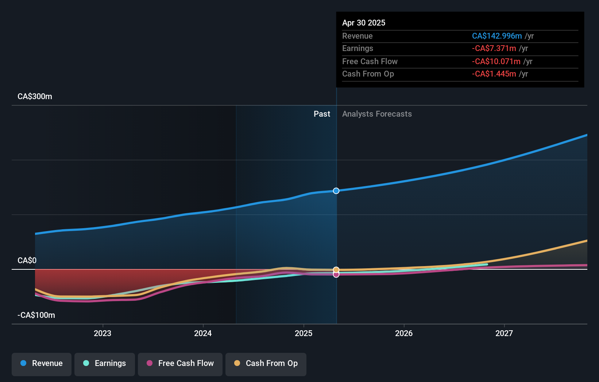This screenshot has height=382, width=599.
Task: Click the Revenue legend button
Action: click(42, 364)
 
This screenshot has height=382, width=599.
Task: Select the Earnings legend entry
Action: click(105, 364)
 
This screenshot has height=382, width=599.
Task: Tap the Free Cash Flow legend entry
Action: click(180, 364)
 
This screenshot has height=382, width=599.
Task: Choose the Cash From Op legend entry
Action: click(266, 364)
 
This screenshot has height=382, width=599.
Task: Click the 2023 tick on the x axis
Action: click(103, 333)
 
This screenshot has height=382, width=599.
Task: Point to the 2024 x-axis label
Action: click(203, 333)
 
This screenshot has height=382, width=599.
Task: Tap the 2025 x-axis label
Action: click(304, 333)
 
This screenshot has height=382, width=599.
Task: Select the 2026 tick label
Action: click(404, 333)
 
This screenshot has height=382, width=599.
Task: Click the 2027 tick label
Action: click(504, 333)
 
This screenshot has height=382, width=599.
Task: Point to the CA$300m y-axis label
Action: click(35, 97)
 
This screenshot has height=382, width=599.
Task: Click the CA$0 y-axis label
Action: click(27, 260)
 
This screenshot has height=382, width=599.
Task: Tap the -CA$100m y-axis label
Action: click(36, 315)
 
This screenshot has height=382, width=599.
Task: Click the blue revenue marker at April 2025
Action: click(336, 191)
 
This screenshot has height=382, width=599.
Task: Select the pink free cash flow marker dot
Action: click(336, 274)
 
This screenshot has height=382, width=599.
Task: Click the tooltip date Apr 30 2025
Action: click(364, 23)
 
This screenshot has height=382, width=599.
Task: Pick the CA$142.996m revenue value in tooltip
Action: click(497, 36)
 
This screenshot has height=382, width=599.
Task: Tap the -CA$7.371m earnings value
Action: click(494, 48)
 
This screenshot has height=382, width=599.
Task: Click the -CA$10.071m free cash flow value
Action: click(496, 61)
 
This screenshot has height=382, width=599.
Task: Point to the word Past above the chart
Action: click(322, 114)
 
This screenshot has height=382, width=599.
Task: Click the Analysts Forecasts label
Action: click(377, 114)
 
